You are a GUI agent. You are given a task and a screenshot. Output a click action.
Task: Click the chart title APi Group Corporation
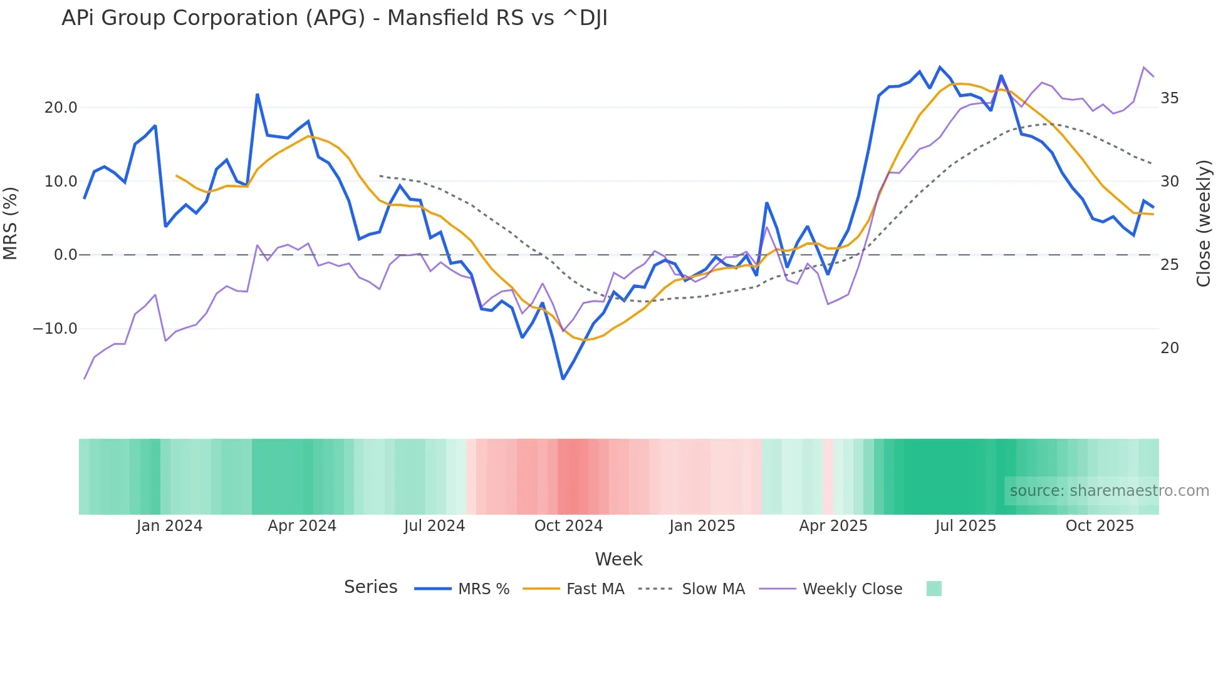tap(334, 18)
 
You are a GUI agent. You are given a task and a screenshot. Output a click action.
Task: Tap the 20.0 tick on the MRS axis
tap(61, 108)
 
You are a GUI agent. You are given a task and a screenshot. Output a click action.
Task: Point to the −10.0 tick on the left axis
tap(55, 329)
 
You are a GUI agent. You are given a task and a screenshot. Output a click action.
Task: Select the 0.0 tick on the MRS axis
tap(65, 255)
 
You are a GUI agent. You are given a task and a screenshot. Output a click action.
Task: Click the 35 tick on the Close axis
tap(1169, 98)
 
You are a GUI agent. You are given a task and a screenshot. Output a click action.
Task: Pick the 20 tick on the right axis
tap(1169, 348)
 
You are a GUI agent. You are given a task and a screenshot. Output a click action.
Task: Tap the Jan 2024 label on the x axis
tap(169, 526)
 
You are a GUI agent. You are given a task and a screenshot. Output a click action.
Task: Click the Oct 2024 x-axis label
tap(568, 526)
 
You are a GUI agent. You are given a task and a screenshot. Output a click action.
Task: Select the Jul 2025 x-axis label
tap(965, 526)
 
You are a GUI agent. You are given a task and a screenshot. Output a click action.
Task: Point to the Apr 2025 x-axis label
tap(833, 526)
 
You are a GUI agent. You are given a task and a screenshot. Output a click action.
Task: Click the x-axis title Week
tap(618, 559)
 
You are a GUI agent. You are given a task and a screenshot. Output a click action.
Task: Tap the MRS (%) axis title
tap(11, 223)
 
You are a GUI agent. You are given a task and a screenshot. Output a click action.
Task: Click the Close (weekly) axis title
tap(1203, 224)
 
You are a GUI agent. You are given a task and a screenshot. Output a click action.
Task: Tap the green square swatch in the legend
tap(934, 589)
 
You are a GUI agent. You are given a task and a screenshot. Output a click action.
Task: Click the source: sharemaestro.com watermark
tap(1109, 491)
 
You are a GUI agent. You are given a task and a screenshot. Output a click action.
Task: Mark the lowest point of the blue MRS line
tap(563, 379)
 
